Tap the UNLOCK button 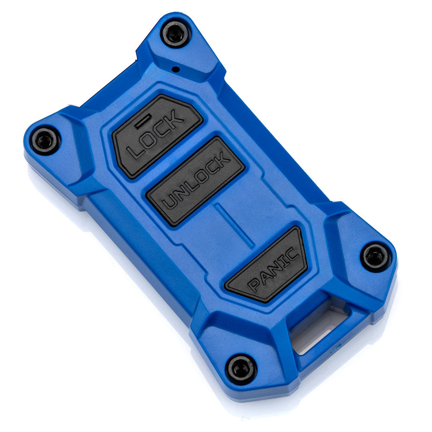click(x=195, y=181)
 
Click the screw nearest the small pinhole click(x=175, y=34)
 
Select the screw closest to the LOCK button click(x=45, y=141)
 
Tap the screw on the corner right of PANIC click(x=375, y=257)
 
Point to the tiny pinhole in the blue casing click(x=176, y=69)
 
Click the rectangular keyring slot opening click(x=321, y=330)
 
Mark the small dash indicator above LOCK click(x=143, y=122)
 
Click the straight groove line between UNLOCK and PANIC click(x=235, y=226)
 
